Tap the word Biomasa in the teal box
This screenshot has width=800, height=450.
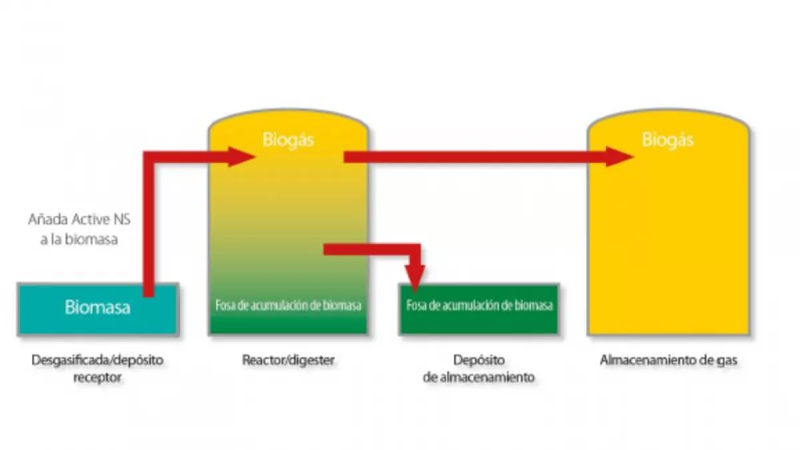[x=97, y=308]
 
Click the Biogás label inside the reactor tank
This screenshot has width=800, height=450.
[x=288, y=140]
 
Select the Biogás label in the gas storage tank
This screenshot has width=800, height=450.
[x=667, y=140]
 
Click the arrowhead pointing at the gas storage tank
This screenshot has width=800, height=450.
[x=620, y=157]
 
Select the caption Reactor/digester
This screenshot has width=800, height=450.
[x=288, y=361]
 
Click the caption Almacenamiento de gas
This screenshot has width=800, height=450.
[x=668, y=361]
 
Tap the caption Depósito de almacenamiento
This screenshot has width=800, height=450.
[x=479, y=368]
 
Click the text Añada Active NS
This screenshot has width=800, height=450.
[x=79, y=219]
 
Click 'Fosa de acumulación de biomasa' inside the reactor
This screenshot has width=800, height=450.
[x=288, y=306]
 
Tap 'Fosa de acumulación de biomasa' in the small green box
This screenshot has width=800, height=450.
[x=479, y=306]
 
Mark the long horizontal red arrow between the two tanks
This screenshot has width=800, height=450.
[x=467, y=157]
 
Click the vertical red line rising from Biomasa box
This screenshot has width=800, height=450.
[x=149, y=227]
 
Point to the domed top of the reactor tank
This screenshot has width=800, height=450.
[x=288, y=117]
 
